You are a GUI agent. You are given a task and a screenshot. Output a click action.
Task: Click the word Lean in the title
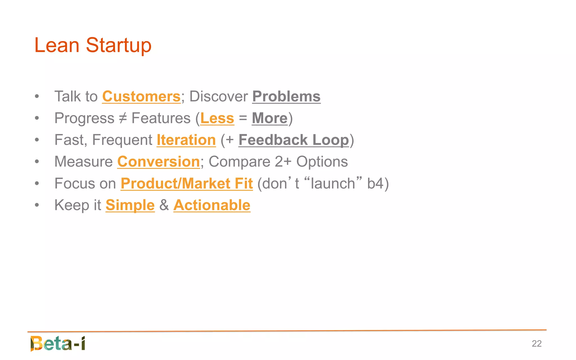[x=57, y=45]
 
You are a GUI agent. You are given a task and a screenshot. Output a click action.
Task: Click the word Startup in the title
[x=118, y=46]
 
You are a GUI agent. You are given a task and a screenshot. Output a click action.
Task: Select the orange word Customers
[x=141, y=97]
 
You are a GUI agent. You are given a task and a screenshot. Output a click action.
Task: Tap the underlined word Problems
[x=286, y=97]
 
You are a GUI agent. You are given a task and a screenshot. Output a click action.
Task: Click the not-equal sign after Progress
[x=123, y=118]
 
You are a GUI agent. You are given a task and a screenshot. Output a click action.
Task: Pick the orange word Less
[x=217, y=118]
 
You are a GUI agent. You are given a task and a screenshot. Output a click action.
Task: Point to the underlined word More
[x=270, y=118]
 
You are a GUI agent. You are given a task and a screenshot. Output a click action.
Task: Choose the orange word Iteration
[x=186, y=140]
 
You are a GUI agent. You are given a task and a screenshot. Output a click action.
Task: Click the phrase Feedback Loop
[x=294, y=140]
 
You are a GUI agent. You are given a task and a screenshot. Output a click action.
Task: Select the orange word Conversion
[x=158, y=162]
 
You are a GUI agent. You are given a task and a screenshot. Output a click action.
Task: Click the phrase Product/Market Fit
[x=187, y=184]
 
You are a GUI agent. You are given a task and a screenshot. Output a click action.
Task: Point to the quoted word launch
[x=333, y=184]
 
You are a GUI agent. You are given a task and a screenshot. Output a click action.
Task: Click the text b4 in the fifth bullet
[x=375, y=184]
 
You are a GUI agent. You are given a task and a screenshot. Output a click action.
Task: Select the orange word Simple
[x=130, y=205]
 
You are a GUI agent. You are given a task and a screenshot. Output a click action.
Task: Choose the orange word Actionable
[x=212, y=205]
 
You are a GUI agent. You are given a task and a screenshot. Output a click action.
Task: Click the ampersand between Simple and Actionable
[x=164, y=205]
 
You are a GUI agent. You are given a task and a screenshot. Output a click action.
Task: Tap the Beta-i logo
[x=58, y=343]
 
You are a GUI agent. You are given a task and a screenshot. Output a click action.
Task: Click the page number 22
[x=537, y=344]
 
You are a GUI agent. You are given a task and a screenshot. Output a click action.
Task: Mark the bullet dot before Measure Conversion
[x=37, y=162]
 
